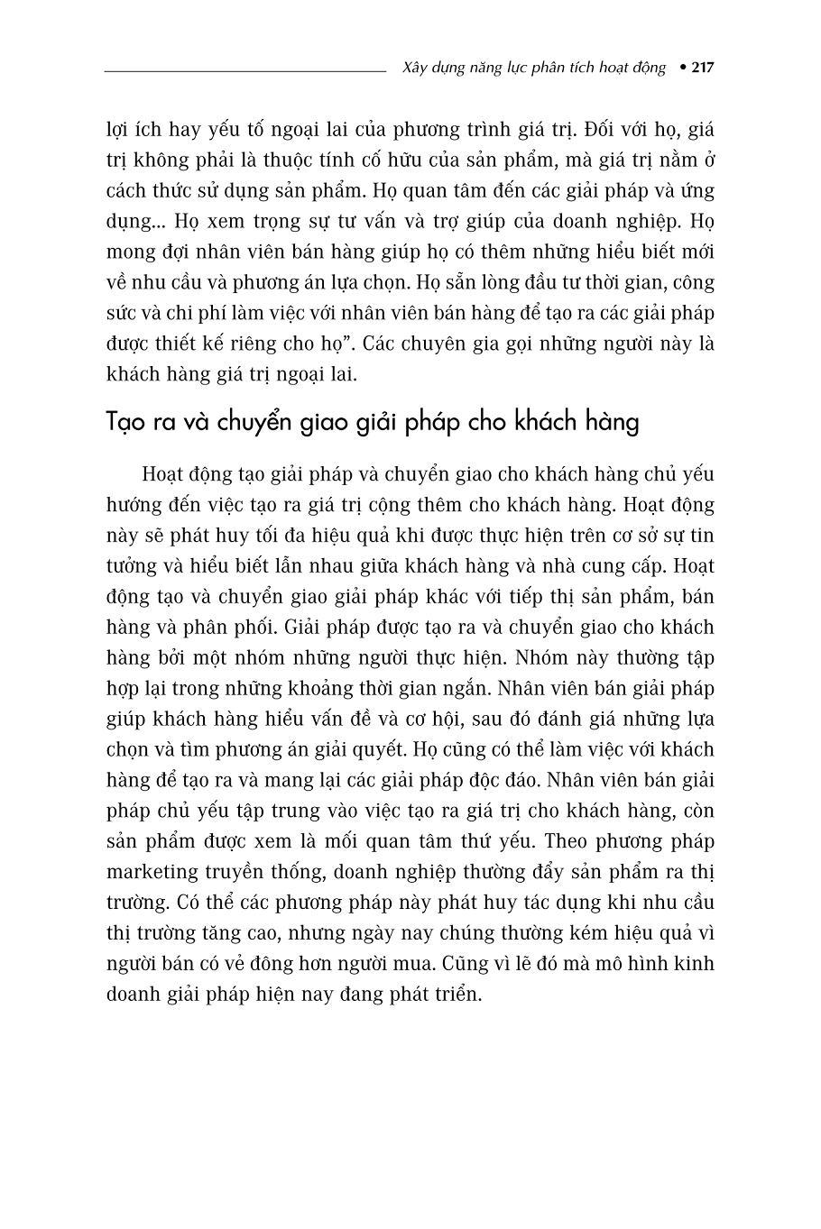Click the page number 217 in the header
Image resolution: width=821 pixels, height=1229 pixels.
tap(702, 68)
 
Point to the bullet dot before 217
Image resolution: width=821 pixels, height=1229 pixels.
tap(682, 68)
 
